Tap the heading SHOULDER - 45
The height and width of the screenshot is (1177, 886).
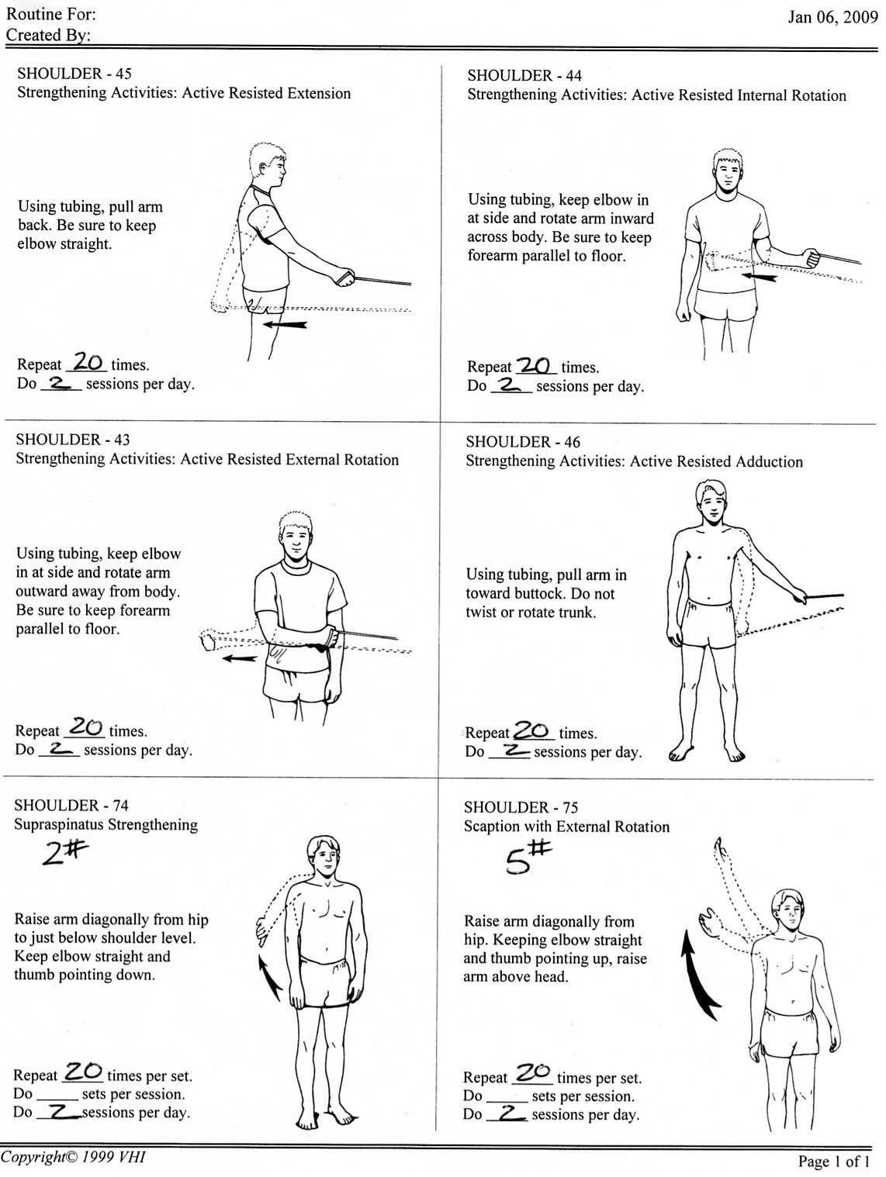[74, 74]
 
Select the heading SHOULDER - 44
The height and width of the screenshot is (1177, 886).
[524, 76]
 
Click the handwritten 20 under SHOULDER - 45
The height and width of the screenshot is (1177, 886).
[86, 361]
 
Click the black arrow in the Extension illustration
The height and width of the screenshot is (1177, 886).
[279, 324]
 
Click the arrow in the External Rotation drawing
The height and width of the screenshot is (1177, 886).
[239, 658]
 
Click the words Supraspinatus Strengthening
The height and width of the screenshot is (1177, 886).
[106, 825]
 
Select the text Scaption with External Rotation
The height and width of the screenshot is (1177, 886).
[566, 827]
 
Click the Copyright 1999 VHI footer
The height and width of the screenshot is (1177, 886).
[73, 1158]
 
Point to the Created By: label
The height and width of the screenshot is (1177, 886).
[48, 35]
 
